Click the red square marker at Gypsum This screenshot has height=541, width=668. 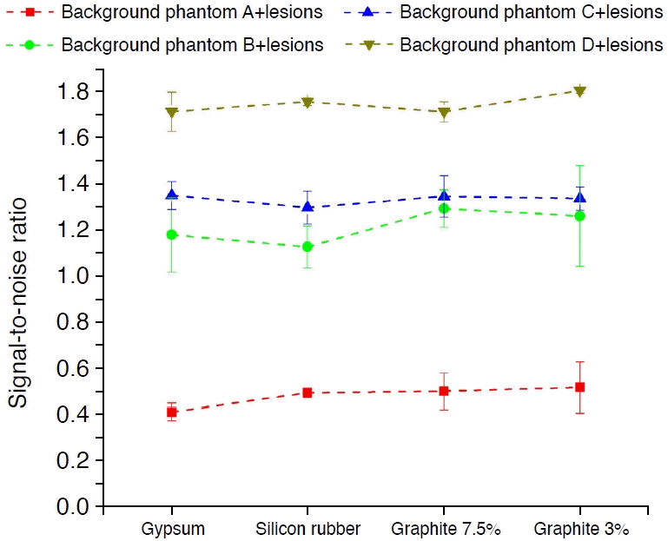tap(172, 412)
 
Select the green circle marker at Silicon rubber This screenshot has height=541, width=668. tap(308, 247)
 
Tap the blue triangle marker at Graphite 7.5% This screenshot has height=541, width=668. tap(444, 195)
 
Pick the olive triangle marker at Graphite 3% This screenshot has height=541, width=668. tap(580, 91)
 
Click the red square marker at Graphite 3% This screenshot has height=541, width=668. tap(580, 387)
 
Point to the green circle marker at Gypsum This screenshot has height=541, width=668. tap(172, 234)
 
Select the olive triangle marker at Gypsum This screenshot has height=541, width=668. tap(172, 113)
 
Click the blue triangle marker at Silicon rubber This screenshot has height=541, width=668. tap(308, 207)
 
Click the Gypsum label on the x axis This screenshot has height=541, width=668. tap(172, 529)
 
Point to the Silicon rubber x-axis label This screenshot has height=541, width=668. tap(308, 529)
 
